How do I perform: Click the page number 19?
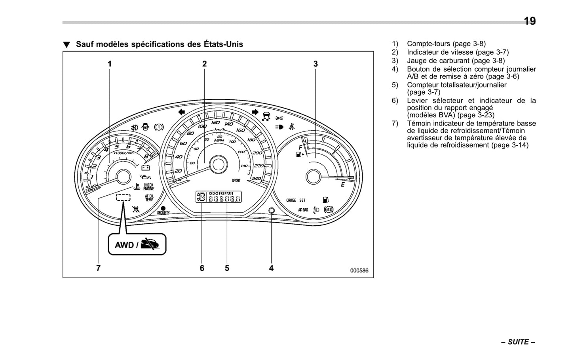tap(530, 21)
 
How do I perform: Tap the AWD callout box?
tap(137, 244)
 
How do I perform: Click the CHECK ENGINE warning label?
tap(148, 187)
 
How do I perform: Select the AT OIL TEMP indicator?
tap(149, 198)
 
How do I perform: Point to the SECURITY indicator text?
tap(163, 213)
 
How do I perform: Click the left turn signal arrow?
tap(181, 112)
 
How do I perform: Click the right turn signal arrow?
tap(255, 112)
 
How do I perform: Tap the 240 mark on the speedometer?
tap(256, 179)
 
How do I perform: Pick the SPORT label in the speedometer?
tap(236, 181)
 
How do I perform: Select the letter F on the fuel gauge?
tap(300, 147)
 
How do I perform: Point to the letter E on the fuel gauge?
tap(342, 185)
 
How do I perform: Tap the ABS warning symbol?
tap(328, 210)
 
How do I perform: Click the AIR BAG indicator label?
tap(303, 210)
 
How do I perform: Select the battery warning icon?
tap(145, 168)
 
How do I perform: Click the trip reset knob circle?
tap(271, 210)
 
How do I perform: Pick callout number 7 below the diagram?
tap(98, 268)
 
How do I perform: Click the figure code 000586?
tap(359, 270)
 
